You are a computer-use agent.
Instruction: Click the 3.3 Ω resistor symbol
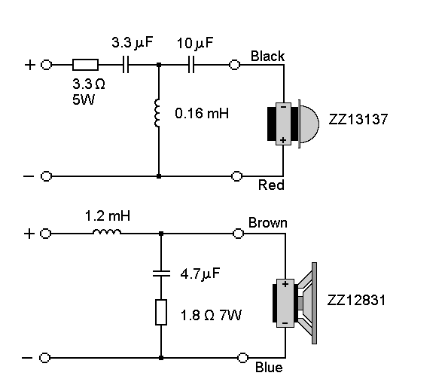click(85, 65)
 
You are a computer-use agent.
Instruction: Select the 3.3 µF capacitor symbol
click(126, 65)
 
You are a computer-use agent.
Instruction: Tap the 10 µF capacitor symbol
click(191, 65)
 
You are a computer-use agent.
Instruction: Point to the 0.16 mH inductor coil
click(157, 113)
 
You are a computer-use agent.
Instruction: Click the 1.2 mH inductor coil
click(107, 231)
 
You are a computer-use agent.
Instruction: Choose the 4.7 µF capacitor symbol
click(161, 274)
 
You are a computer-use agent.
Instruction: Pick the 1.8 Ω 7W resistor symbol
click(161, 313)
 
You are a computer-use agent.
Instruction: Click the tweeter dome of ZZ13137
click(309, 124)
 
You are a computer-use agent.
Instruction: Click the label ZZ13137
click(358, 119)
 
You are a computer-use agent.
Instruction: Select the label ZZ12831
click(357, 300)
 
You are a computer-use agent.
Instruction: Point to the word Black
click(268, 56)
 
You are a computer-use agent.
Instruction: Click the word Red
click(271, 185)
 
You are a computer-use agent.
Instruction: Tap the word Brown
click(268, 223)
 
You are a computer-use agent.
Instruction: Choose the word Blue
click(269, 368)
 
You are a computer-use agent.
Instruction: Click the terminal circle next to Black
click(235, 65)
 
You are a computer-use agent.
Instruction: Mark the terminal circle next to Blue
click(243, 358)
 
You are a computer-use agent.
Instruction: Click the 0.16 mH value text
click(202, 113)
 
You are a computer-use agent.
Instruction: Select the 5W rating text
click(84, 99)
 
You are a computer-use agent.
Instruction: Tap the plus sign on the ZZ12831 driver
click(285, 284)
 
